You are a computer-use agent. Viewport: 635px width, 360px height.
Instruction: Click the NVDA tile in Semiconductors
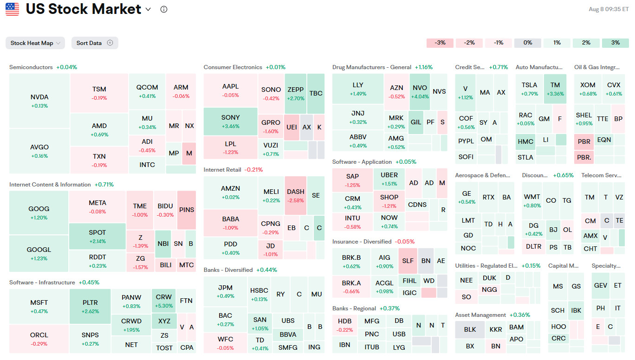39,101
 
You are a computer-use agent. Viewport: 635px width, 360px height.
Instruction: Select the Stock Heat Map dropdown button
35,43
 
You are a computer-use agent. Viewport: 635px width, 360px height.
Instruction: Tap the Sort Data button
94,43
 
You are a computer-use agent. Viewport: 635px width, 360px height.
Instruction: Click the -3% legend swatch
440,43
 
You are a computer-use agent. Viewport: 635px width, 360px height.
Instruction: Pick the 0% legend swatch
527,43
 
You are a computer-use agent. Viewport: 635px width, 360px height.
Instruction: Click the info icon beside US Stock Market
163,9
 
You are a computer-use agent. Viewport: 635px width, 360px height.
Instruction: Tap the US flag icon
13,9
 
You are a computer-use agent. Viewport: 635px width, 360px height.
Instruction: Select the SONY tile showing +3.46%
231,121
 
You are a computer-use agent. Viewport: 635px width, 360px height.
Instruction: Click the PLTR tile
90,306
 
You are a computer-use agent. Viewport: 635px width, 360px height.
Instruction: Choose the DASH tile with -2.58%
295,195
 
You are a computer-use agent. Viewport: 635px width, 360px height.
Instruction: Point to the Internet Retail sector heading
222,170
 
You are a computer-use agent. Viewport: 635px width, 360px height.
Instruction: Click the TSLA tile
529,89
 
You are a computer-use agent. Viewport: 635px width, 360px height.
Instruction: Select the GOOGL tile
39,253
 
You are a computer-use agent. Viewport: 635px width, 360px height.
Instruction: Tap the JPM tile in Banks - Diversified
225,291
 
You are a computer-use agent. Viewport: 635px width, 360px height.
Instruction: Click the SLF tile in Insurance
408,261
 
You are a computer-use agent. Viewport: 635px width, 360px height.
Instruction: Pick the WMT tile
532,200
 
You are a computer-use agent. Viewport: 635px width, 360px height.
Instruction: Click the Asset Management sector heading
480,315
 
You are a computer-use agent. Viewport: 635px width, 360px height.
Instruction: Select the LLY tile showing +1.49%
358,89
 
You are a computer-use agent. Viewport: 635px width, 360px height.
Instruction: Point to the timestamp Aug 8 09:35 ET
609,9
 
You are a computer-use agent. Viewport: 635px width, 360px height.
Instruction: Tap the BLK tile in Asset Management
470,329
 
